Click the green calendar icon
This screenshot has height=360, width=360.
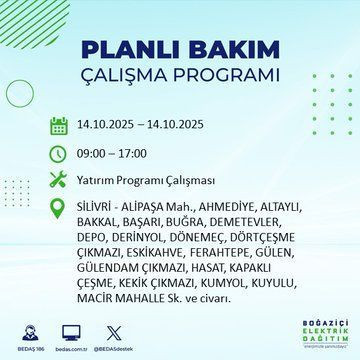[x=57, y=126]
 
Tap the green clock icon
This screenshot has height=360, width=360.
[x=57, y=153]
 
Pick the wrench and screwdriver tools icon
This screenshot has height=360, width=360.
[x=57, y=180]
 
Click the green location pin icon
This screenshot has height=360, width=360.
[x=57, y=206]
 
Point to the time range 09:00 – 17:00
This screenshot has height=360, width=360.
[x=112, y=153]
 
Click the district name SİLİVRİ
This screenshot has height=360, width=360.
[x=96, y=205]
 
